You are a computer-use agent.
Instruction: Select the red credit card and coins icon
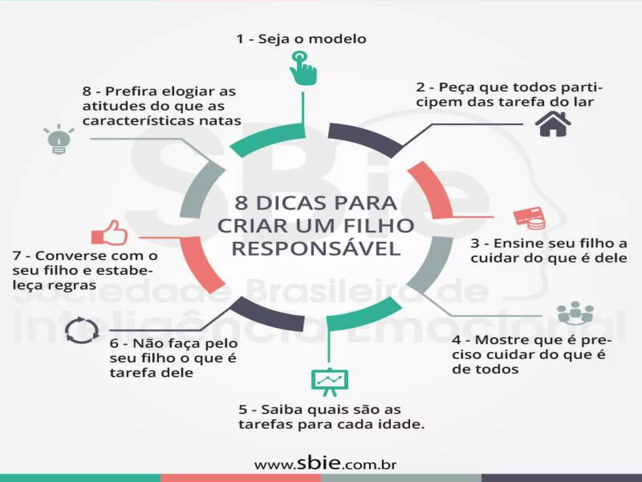529,218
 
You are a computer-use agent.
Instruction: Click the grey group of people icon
575,313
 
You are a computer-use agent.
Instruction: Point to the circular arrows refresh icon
82,330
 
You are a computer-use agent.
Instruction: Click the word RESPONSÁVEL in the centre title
316,249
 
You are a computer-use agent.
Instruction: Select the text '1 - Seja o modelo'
301,39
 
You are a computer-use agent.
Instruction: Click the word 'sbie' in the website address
317,463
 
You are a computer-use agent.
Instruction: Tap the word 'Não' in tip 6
145,343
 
